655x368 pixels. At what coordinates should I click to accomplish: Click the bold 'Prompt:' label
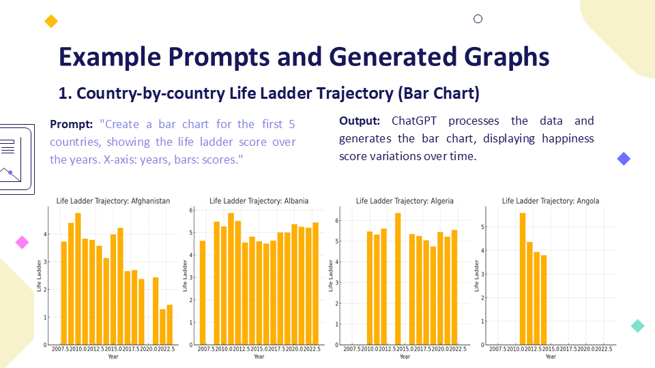click(x=72, y=125)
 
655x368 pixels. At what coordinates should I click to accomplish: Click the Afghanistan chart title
click(x=113, y=201)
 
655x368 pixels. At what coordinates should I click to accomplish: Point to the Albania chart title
click(x=259, y=201)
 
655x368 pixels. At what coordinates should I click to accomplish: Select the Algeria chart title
click(x=405, y=201)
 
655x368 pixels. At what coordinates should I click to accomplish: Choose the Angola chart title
click(x=551, y=201)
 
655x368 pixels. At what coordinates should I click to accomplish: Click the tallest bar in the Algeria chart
click(x=398, y=279)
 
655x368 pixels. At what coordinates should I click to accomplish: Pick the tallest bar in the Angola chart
click(x=523, y=279)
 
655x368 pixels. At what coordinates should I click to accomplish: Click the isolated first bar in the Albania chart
click(x=203, y=292)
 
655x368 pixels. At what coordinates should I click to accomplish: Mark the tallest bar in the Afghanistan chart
click(x=78, y=279)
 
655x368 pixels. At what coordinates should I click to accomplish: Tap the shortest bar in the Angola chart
click(x=544, y=300)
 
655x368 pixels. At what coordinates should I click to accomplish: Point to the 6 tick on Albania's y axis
click(x=192, y=211)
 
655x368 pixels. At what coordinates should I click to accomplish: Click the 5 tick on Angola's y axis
click(x=483, y=227)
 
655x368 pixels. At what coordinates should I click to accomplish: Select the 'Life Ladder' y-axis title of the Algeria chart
click(x=331, y=275)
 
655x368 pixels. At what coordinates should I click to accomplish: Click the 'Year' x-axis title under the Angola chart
click(x=551, y=356)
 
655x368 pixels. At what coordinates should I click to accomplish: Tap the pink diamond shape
click(x=23, y=242)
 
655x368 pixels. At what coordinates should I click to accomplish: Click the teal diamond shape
click(x=638, y=326)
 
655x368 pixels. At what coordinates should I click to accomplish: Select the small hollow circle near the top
click(x=478, y=19)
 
